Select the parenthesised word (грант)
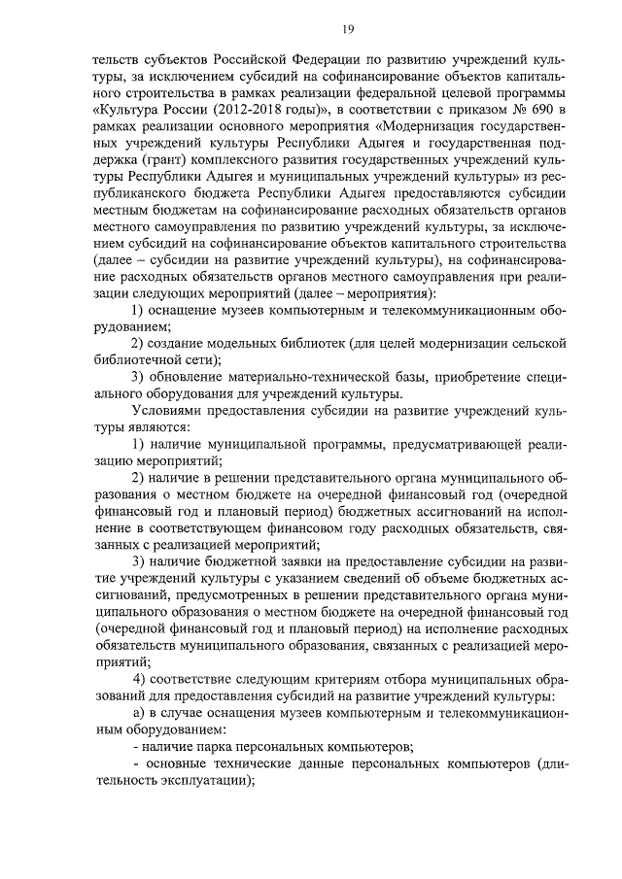[x=141, y=160]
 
